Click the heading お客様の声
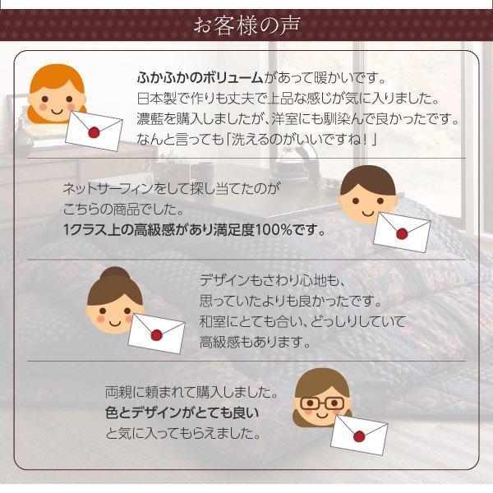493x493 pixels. pyautogui.click(x=246, y=25)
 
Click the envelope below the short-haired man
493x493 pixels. pyautogui.click(x=402, y=231)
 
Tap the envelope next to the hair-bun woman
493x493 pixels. pyautogui.click(x=156, y=332)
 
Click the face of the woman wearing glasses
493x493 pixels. pyautogui.click(x=321, y=404)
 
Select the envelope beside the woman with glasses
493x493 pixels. pyautogui.click(x=358, y=433)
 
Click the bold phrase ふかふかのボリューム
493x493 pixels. pyautogui.click(x=200, y=78)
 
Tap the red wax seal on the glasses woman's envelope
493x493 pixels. pyautogui.click(x=359, y=435)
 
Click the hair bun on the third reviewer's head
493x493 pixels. pyautogui.click(x=114, y=274)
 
